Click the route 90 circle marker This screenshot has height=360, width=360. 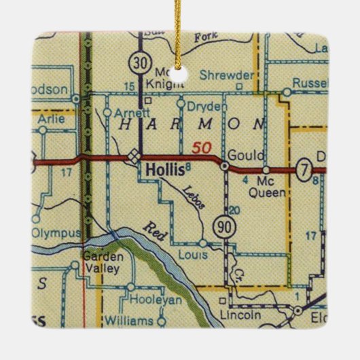pos(222,226)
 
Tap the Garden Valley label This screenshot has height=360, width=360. pos(101,263)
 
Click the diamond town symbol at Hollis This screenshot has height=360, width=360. pos(134,154)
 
